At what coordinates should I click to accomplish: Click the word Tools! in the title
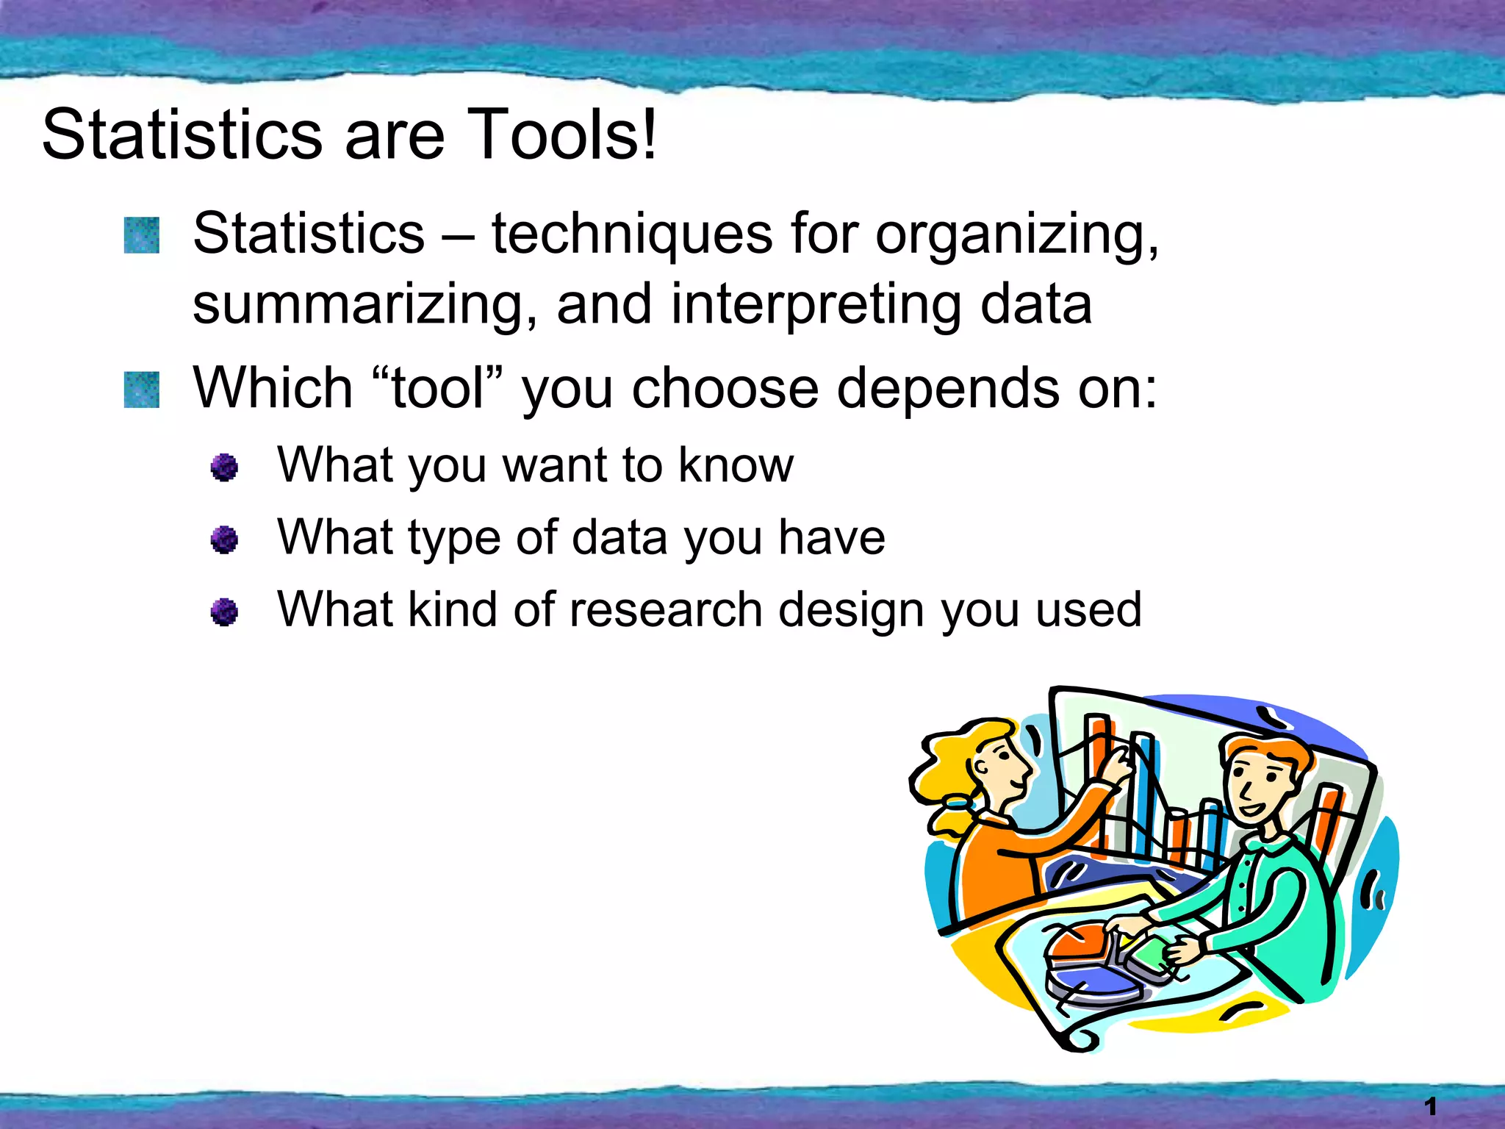(x=561, y=135)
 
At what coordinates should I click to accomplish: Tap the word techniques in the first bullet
(x=631, y=234)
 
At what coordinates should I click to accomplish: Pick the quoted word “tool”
(x=438, y=388)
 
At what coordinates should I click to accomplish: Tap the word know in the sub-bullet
(x=736, y=465)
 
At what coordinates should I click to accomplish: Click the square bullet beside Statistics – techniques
(x=142, y=235)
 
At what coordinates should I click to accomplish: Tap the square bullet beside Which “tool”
(x=142, y=390)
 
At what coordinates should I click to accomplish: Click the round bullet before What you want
(x=224, y=467)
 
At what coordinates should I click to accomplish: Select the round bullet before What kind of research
(x=224, y=612)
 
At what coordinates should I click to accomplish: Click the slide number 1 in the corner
(x=1430, y=1105)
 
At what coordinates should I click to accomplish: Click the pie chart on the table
(x=1088, y=963)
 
